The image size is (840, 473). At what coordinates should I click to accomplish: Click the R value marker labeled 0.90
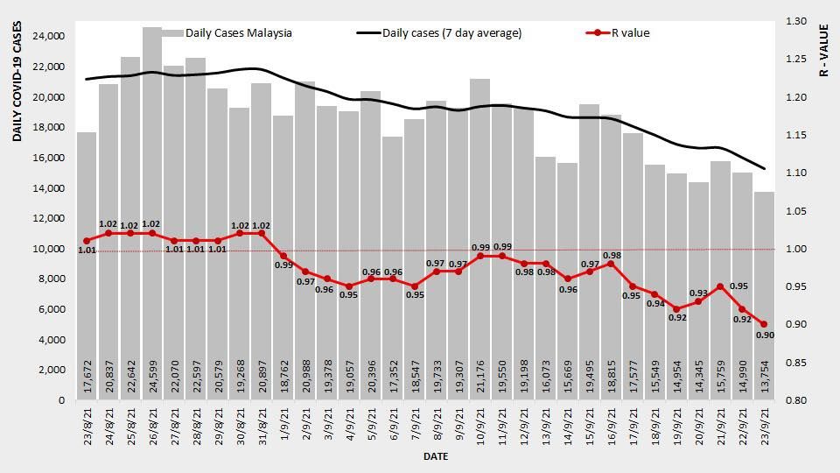coord(764,324)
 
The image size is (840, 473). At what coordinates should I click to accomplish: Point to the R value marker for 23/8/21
coord(87,241)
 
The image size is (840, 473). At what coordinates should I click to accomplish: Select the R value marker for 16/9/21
coord(611,264)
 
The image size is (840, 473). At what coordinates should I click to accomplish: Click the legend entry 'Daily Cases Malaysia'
coord(239,33)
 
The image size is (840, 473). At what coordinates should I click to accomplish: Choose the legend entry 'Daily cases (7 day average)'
coord(451,33)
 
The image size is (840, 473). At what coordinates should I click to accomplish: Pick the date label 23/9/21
coord(765,429)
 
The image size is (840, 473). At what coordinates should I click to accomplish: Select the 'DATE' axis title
coord(436,456)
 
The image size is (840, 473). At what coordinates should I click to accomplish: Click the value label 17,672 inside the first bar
coord(87,378)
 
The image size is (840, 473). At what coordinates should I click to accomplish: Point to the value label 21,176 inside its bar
coord(479,378)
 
